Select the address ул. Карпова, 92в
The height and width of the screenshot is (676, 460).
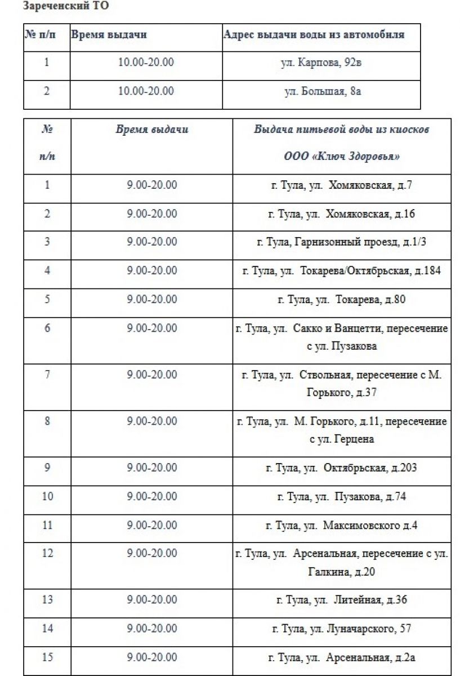click(321, 63)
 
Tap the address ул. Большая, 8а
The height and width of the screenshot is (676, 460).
click(321, 91)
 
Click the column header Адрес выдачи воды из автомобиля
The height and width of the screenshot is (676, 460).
click(314, 34)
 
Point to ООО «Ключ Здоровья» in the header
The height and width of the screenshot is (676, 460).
click(341, 157)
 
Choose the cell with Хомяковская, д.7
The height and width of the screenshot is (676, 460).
click(341, 185)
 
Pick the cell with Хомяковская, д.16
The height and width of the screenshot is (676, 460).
click(341, 214)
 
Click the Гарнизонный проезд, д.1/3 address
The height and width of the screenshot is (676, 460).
click(341, 242)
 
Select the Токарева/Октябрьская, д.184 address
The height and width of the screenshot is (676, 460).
click(341, 271)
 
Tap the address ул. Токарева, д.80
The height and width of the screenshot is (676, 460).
click(341, 300)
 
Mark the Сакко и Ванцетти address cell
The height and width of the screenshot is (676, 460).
click(341, 336)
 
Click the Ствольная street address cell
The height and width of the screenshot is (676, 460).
click(341, 383)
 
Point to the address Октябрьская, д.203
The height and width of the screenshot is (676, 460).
click(341, 468)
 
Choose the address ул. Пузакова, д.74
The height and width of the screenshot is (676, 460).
click(341, 497)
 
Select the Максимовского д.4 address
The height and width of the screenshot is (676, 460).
click(341, 526)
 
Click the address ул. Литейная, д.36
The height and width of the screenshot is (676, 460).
click(341, 600)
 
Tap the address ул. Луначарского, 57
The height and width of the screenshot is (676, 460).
click(341, 628)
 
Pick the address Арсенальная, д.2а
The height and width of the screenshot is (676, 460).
click(341, 657)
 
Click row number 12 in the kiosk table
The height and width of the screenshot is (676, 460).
click(47, 553)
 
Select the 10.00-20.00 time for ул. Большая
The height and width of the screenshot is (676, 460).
click(146, 91)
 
